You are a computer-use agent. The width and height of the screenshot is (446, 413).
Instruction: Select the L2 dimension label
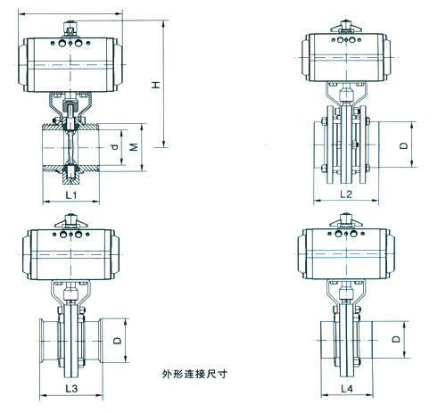tap(346, 194)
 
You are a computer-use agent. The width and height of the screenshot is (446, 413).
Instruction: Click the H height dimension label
tap(154, 86)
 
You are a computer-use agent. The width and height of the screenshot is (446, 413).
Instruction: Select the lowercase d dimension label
tap(115, 145)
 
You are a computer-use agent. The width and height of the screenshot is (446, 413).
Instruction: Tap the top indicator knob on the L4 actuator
tap(343, 224)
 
